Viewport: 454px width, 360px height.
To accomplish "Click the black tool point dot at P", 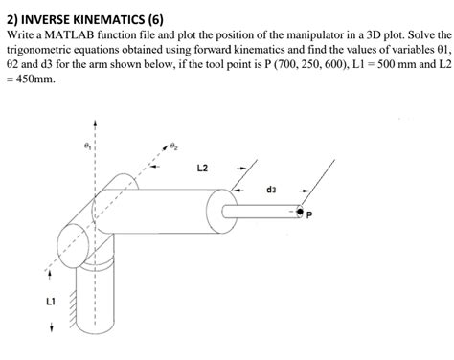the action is point(300,212).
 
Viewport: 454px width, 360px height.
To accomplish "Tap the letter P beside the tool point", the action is point(308,215).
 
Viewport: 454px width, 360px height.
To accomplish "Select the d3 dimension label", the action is point(271,190).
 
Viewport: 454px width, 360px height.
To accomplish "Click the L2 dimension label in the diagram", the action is point(202,168).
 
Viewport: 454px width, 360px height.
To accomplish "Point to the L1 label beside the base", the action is point(51,301).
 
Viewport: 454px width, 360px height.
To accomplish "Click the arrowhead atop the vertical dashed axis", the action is point(95,123).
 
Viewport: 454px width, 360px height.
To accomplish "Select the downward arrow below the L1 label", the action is point(51,326).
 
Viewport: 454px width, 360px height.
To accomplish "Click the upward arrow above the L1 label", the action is point(50,275).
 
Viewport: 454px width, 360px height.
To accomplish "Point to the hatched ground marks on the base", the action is point(73,307).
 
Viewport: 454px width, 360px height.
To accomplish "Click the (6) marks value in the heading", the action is point(156,20).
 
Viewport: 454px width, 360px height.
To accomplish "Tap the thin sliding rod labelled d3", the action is point(261,212).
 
